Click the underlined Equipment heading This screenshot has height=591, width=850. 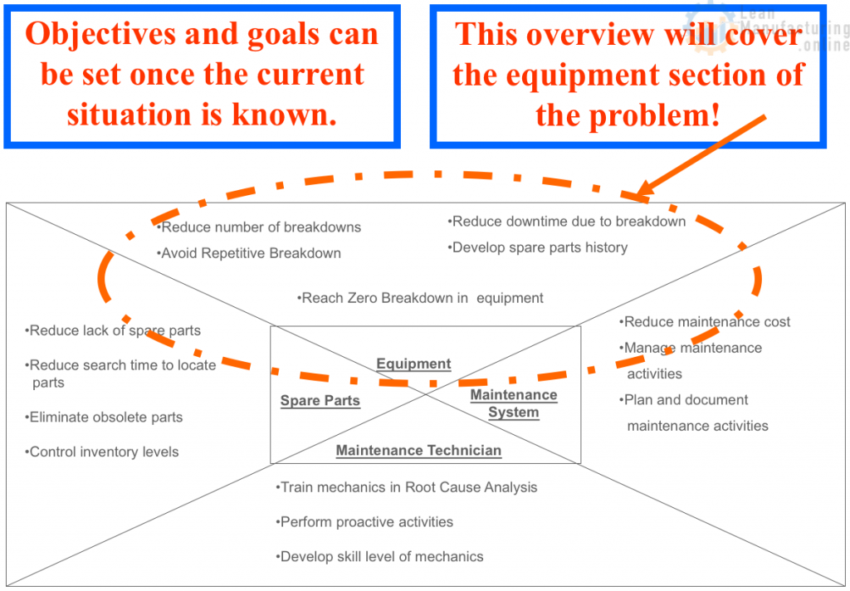coord(413,364)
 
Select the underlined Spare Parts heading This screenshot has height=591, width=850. coord(320,401)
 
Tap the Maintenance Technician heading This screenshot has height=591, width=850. coord(418,451)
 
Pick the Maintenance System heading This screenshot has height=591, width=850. coord(513,403)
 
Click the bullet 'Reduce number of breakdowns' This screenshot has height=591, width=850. coord(259,227)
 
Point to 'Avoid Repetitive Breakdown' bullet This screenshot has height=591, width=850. coord(249,253)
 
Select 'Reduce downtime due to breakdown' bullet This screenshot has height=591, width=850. coord(566,222)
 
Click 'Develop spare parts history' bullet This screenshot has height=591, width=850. coord(537,247)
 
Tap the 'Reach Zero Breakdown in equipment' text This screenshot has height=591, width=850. coord(420,298)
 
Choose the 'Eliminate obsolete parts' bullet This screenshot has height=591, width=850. coord(104,418)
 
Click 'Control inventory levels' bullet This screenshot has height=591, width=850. coord(101,452)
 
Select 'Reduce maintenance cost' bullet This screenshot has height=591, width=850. coord(705,322)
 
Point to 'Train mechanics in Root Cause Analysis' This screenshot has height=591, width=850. coord(407,487)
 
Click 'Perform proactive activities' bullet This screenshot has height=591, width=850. coord(364,522)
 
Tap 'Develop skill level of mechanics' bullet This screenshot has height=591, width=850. coord(379,557)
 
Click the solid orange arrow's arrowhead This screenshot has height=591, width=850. coord(642,191)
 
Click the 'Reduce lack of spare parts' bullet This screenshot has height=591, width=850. coord(113,330)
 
